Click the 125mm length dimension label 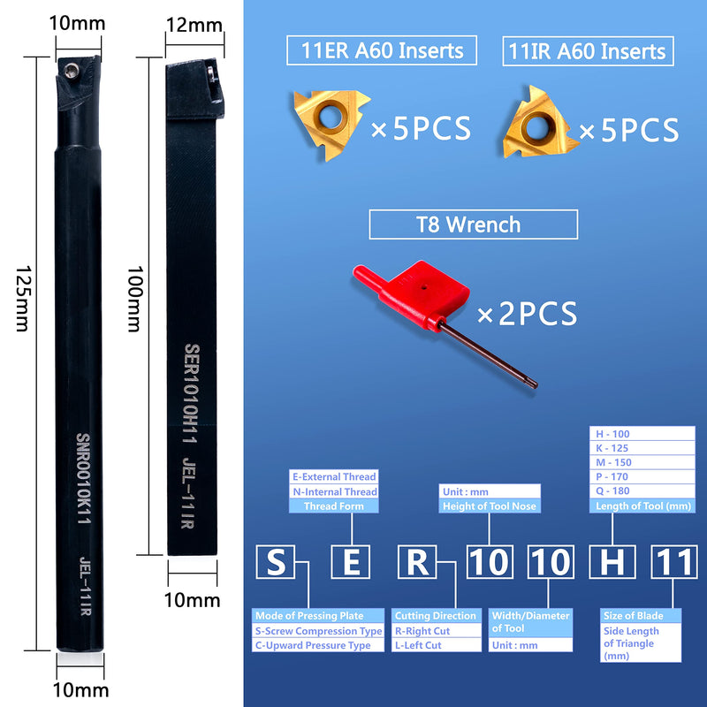point(23,299)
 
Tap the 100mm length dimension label point(135,299)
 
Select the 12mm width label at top point(194,25)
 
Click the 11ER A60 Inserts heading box point(382,50)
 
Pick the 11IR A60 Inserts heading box point(588,51)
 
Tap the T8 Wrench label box point(473,224)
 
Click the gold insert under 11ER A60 point(331,122)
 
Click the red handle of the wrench point(411,293)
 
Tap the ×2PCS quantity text point(527,314)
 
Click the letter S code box point(275,562)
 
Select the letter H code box point(612,562)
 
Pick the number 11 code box point(673,562)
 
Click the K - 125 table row point(642,448)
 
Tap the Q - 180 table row point(642,491)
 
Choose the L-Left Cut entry point(436,645)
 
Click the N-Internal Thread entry point(334,491)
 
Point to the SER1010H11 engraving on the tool point(191,393)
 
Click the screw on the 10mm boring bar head point(71,71)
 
